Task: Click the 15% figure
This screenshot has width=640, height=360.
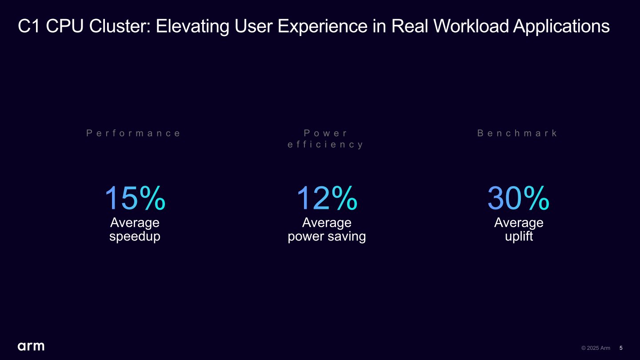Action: (135, 198)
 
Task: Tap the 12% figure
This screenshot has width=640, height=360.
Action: (327, 198)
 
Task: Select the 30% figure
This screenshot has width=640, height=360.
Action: (518, 198)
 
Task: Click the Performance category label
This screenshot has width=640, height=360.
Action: (134, 133)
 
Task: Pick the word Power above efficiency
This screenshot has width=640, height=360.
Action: (326, 133)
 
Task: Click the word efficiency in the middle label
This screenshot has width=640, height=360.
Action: (326, 144)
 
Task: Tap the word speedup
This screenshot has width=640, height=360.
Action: (135, 236)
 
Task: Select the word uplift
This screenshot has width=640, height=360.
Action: (519, 236)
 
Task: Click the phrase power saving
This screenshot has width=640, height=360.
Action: (327, 236)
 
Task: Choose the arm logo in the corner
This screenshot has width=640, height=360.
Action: (31, 346)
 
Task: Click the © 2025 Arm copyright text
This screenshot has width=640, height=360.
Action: (596, 348)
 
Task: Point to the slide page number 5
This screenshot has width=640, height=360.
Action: (621, 348)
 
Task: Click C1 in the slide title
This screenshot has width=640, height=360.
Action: (30, 27)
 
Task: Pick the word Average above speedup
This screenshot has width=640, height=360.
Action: (135, 222)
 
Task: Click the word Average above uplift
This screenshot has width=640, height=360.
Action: (519, 222)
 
